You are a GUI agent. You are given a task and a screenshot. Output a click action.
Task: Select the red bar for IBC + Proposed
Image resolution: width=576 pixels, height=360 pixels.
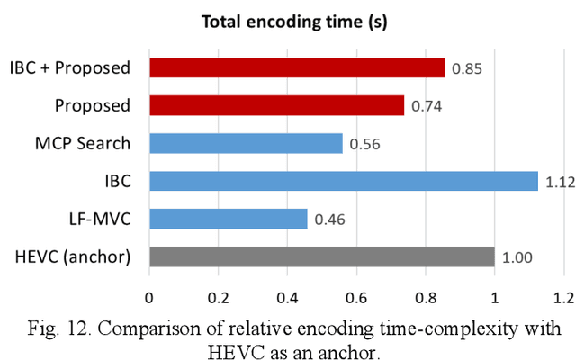297,67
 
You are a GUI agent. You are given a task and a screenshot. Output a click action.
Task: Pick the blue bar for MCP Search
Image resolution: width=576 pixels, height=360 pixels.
246,143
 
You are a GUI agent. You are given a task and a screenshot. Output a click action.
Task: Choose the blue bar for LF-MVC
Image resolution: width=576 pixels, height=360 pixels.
229,219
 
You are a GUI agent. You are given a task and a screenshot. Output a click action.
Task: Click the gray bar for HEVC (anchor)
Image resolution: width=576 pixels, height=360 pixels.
322,256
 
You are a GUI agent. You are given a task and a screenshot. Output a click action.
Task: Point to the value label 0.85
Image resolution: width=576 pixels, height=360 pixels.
466,67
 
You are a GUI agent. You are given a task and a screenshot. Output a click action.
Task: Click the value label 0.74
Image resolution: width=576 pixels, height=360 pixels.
427,105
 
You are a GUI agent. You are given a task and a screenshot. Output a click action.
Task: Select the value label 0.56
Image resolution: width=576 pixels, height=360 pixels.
364,143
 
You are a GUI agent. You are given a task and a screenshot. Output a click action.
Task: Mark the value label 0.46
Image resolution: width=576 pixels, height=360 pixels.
329,219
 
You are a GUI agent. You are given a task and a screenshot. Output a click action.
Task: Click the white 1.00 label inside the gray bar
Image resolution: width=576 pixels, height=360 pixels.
517,257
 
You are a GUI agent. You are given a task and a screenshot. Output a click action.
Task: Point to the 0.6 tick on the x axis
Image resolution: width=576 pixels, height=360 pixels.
355,295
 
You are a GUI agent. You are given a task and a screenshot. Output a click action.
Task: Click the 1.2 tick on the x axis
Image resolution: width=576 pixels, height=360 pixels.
562,295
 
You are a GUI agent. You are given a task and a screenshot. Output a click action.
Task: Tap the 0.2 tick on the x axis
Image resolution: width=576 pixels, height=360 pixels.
218,295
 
